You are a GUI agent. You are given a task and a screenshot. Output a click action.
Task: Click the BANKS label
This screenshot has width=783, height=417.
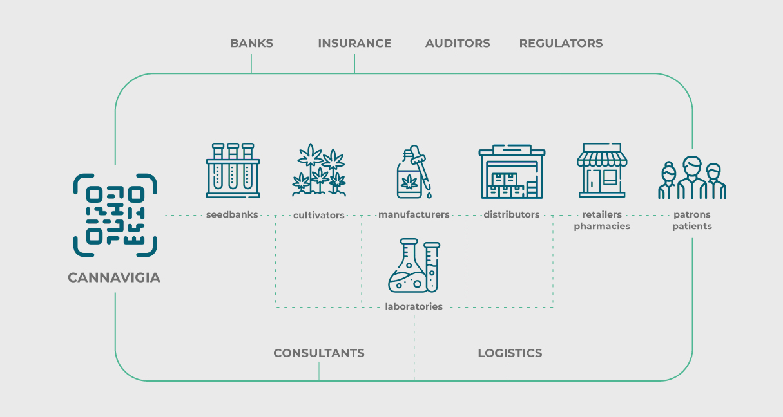pyautogui.click(x=251, y=43)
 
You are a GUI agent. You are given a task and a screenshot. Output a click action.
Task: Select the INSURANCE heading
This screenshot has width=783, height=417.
pyautogui.click(x=354, y=43)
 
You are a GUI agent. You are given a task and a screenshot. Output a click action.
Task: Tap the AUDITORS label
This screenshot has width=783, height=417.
pyautogui.click(x=458, y=43)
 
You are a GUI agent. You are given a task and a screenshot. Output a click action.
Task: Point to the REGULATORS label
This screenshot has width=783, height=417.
pyautogui.click(x=561, y=43)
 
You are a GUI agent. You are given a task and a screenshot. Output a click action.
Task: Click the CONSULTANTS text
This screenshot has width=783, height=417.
pyautogui.click(x=319, y=353)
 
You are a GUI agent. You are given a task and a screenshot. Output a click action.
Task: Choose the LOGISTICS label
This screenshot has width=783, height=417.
pyautogui.click(x=510, y=353)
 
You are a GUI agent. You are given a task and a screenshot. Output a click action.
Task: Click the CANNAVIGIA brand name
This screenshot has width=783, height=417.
pyautogui.click(x=114, y=278)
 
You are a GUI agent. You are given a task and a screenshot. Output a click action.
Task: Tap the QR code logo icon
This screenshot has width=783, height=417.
pyautogui.click(x=115, y=215)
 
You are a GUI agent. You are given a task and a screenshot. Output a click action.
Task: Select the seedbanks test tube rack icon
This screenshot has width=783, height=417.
pyautogui.click(x=233, y=171)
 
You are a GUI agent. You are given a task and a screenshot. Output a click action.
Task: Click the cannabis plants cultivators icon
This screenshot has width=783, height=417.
pyautogui.click(x=319, y=170)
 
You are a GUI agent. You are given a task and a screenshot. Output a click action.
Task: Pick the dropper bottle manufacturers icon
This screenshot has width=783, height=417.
pyautogui.click(x=414, y=172)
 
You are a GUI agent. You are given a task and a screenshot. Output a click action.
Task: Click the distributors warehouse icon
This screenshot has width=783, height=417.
pyautogui.click(x=512, y=171)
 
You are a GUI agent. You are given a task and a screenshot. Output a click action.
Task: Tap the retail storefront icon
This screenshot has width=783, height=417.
pyautogui.click(x=602, y=170)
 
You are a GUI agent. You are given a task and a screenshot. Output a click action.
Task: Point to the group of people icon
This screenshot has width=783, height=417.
pyautogui.click(x=692, y=178)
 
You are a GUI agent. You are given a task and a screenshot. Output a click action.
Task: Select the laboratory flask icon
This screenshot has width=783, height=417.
pyautogui.click(x=414, y=266)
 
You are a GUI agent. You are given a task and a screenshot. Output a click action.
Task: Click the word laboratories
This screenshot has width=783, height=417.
pyautogui.click(x=414, y=306)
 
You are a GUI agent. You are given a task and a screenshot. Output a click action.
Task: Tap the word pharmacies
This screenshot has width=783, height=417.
pyautogui.click(x=602, y=226)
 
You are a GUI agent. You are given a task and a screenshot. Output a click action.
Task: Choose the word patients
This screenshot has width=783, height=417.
pyautogui.click(x=692, y=226)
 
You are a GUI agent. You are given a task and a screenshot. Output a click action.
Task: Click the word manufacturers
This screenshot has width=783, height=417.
pyautogui.click(x=414, y=214)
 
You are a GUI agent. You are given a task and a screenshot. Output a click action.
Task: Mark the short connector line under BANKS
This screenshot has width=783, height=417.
pyautogui.click(x=251, y=64)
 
